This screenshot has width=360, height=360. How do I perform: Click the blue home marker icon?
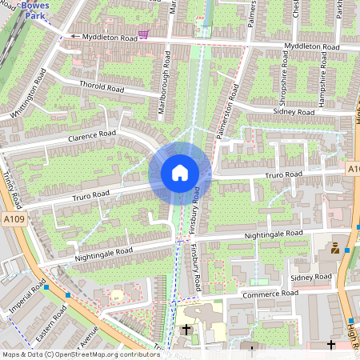(180, 173)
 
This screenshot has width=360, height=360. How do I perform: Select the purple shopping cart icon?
(143, 34)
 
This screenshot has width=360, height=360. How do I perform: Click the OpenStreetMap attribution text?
(80, 354)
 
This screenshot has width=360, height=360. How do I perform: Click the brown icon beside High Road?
(334, 249)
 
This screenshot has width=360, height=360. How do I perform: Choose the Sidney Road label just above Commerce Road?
(311, 277)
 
